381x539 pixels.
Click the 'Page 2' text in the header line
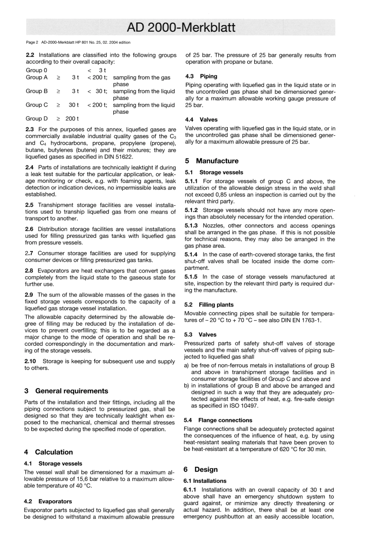[32, 42]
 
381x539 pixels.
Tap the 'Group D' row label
[36, 118]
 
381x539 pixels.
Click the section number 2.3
[30, 130]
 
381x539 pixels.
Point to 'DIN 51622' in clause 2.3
[118, 157]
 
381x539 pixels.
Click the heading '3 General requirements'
[66, 391]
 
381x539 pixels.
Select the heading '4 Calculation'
[49, 452]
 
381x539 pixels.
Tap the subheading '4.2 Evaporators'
[48, 501]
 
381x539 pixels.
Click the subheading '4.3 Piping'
[201, 76]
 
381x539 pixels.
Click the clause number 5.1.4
[191, 255]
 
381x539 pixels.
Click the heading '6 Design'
[201, 469]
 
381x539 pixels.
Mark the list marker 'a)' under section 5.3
[186, 365]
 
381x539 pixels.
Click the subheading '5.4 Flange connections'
[218, 420]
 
